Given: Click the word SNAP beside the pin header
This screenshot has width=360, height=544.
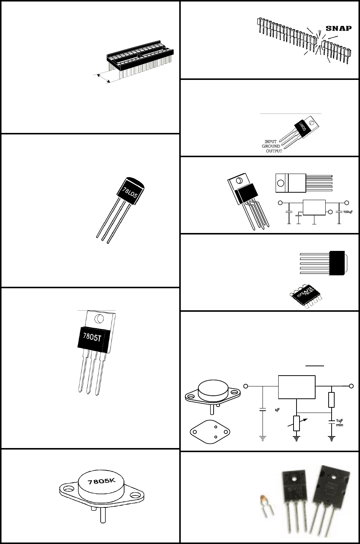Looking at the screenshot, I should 339,28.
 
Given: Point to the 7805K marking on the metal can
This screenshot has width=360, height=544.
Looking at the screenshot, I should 102,482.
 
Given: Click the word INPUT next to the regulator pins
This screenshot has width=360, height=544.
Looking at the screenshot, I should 271,142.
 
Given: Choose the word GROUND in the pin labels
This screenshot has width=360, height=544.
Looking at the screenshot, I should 271,146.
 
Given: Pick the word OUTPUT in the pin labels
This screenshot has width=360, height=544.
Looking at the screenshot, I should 274,151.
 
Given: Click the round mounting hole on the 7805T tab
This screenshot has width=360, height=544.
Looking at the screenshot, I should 99,318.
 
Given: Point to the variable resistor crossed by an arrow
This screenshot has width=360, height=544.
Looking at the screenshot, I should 297,423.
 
